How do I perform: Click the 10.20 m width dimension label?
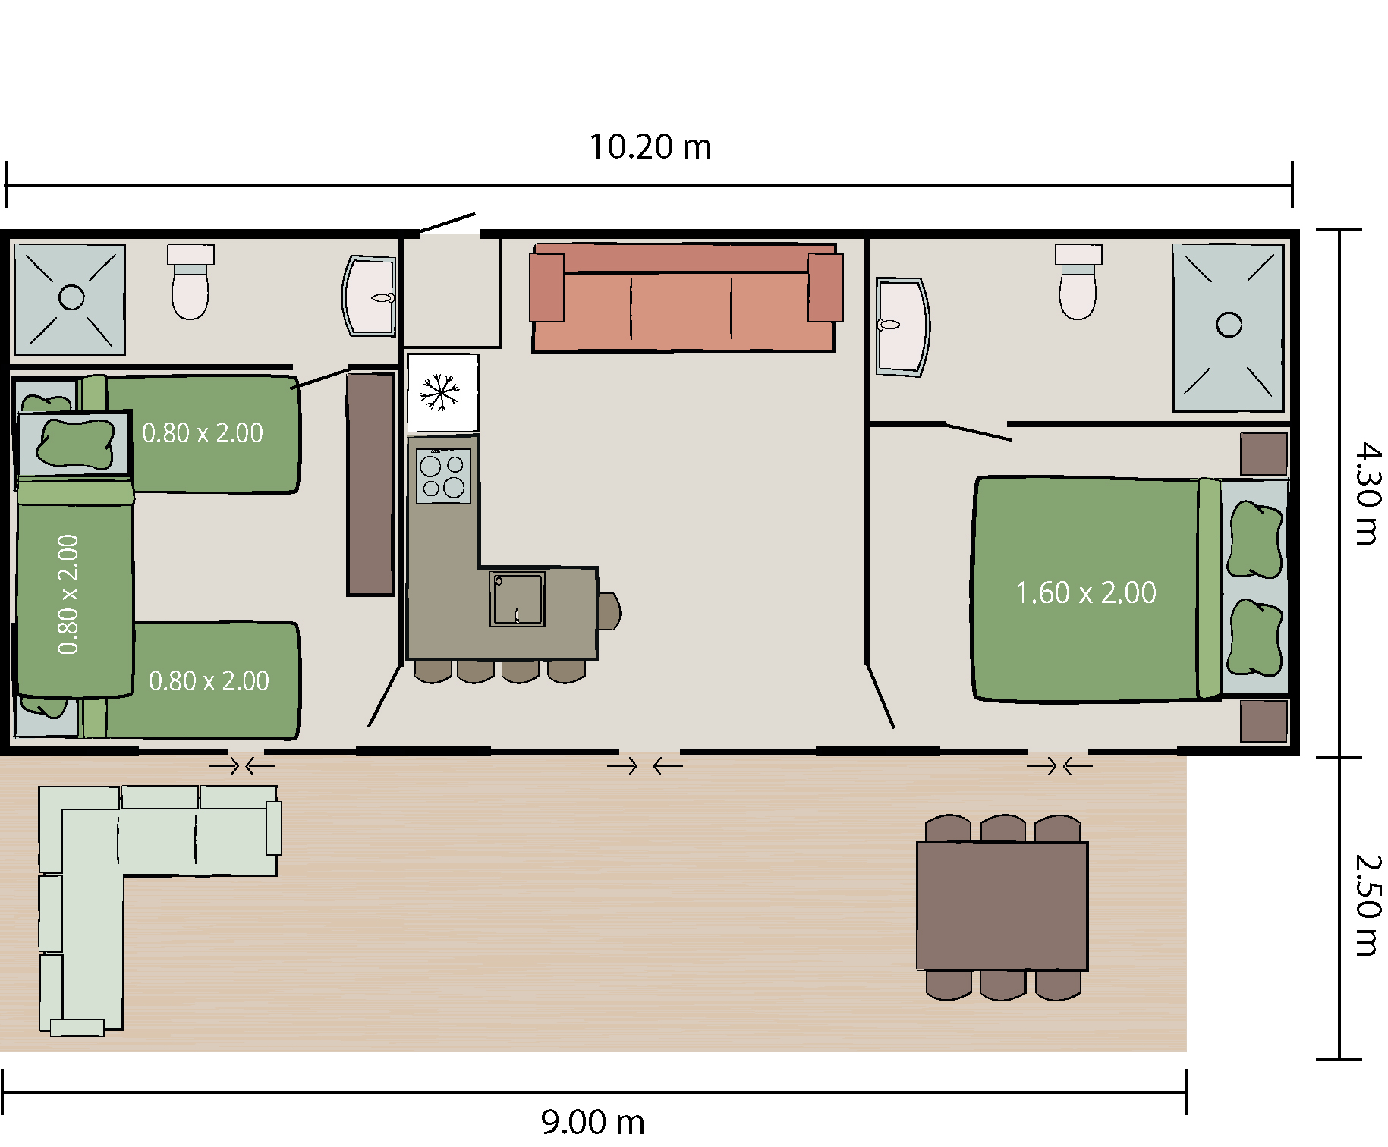click(650, 147)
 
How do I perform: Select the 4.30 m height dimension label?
click(1368, 493)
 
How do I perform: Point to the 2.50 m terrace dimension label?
click(1368, 905)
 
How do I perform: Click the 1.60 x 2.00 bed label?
click(1086, 592)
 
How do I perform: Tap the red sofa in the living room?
click(685, 297)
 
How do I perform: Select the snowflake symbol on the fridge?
click(439, 391)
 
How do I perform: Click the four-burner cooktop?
click(443, 476)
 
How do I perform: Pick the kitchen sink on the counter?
click(517, 599)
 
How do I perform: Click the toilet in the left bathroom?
click(190, 281)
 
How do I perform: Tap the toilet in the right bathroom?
click(1078, 281)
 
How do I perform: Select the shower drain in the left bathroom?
click(71, 297)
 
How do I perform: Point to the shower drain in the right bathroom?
click(1229, 325)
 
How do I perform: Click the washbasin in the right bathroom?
click(902, 327)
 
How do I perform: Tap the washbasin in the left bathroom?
click(370, 296)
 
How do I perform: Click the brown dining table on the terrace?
click(1002, 906)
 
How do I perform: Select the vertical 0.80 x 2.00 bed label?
click(68, 594)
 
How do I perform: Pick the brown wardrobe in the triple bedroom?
click(370, 484)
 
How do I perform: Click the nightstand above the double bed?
click(1264, 454)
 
